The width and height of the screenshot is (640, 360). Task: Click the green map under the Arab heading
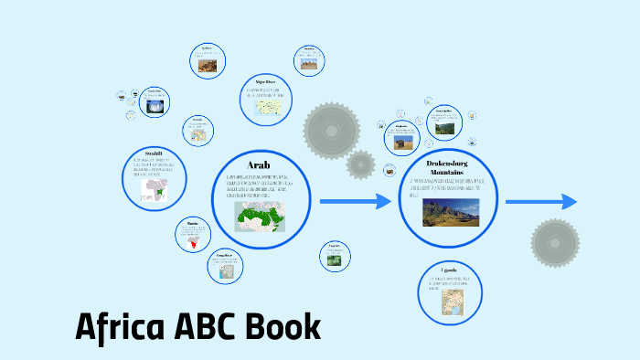coord(261,217)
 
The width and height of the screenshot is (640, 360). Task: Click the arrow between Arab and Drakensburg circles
coord(357,201)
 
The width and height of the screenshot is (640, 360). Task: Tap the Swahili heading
coord(154,153)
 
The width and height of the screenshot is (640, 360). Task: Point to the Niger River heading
coord(266,80)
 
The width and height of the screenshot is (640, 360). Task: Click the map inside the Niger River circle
coord(267,106)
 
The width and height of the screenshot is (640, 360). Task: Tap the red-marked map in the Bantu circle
coord(193,242)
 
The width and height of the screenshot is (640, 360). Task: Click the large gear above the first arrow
coord(326,127)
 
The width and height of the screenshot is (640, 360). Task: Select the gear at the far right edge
coord(554,242)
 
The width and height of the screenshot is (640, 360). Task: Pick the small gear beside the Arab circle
coord(361,164)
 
